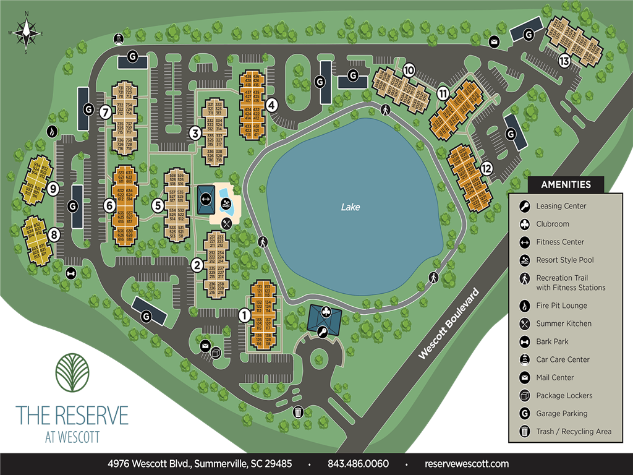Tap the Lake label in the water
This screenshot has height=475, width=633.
pyautogui.click(x=350, y=207)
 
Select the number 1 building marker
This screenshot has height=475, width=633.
pyautogui.click(x=244, y=315)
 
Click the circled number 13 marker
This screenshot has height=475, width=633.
pyautogui.click(x=564, y=61)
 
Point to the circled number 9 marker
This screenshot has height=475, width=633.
pyautogui.click(x=53, y=188)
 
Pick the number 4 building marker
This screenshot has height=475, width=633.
pyautogui.click(x=271, y=105)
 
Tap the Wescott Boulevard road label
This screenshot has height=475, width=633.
pyautogui.click(x=449, y=323)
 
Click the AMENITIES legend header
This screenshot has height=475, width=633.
pyautogui.click(x=566, y=184)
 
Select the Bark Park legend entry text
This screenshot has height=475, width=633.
pyautogui.click(x=552, y=341)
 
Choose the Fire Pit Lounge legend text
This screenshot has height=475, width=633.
pyautogui.click(x=561, y=306)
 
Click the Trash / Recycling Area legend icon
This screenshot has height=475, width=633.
pyautogui.click(x=524, y=432)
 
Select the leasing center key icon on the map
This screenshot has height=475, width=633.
pyautogui.click(x=322, y=333)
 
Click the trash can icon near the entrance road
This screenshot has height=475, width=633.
pyautogui.click(x=299, y=411)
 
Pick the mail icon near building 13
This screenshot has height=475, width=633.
pyautogui.click(x=494, y=42)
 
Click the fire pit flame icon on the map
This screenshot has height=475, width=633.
pyautogui.click(x=52, y=131)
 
